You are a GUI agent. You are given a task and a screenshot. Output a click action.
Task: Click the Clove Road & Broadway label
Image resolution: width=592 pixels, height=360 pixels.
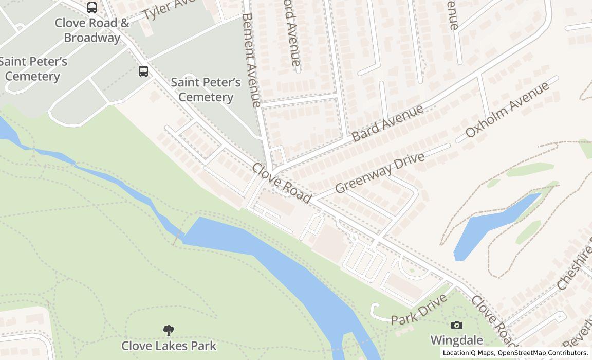pos(92,30)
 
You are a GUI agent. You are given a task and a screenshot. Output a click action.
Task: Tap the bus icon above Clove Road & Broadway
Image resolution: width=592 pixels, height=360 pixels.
pos(92,7)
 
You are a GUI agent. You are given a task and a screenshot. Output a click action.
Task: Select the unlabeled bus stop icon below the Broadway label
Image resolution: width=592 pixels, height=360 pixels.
pos(143,71)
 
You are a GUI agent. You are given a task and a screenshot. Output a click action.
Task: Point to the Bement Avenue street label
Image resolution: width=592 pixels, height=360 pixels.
pos(251,60)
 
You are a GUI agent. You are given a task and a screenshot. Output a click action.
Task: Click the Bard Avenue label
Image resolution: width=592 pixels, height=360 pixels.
pos(388,123)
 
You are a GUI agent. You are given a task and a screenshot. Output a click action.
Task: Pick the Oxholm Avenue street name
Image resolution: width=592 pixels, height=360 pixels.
pos(507,110)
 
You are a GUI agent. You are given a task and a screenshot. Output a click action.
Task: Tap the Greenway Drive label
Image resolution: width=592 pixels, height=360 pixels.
pos(380,173)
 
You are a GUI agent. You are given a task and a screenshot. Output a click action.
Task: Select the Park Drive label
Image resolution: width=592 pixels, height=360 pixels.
pos(419,310)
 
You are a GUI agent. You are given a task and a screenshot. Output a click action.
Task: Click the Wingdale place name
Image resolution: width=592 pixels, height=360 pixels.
pos(456,340)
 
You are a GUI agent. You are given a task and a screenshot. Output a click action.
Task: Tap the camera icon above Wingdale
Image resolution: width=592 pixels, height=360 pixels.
pos(456,325)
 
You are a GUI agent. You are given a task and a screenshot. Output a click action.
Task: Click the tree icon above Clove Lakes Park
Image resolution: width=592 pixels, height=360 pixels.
pos(168,330)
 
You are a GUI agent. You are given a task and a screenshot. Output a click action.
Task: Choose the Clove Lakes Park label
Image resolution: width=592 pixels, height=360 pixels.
pos(169,346)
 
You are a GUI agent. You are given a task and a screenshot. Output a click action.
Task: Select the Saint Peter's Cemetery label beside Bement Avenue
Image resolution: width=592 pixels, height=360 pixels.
pos(206,89)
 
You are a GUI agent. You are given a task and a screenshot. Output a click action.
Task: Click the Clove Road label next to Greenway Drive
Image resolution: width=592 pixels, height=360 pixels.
pos(282,183)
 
